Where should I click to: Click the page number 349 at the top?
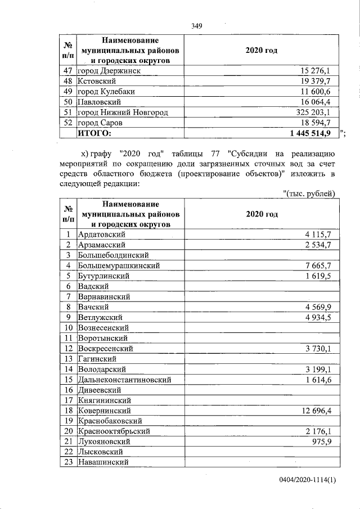tap(196, 26)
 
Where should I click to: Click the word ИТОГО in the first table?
tap(94, 133)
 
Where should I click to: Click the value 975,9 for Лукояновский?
tap(325, 442)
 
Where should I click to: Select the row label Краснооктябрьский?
tap(114, 431)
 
